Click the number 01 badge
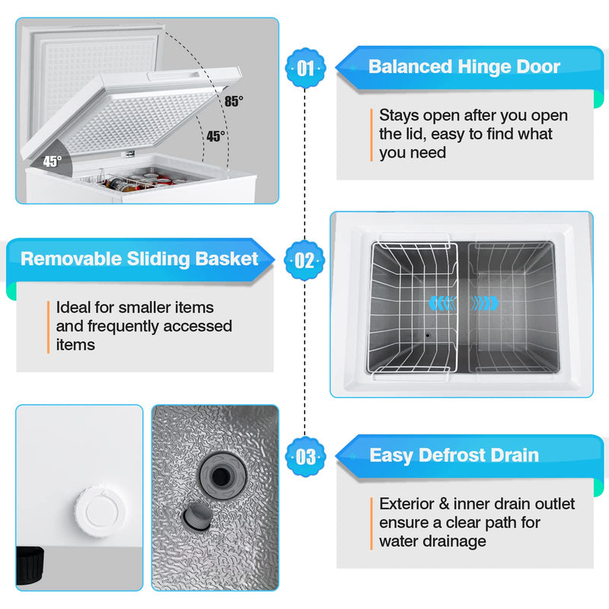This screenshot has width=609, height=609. (305, 68)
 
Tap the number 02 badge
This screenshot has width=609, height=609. (304, 260)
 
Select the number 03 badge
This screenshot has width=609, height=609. (305, 457)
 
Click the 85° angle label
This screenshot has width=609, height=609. (234, 101)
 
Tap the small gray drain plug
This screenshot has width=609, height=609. (197, 517)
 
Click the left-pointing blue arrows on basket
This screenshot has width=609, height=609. (443, 303)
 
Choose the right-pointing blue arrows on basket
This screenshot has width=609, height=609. (485, 303)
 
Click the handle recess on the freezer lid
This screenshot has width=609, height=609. (174, 75)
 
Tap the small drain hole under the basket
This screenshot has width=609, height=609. (428, 335)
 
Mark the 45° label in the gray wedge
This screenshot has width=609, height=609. (53, 161)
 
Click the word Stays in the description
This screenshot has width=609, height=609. (399, 116)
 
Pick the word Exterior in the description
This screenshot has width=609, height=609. (407, 504)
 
